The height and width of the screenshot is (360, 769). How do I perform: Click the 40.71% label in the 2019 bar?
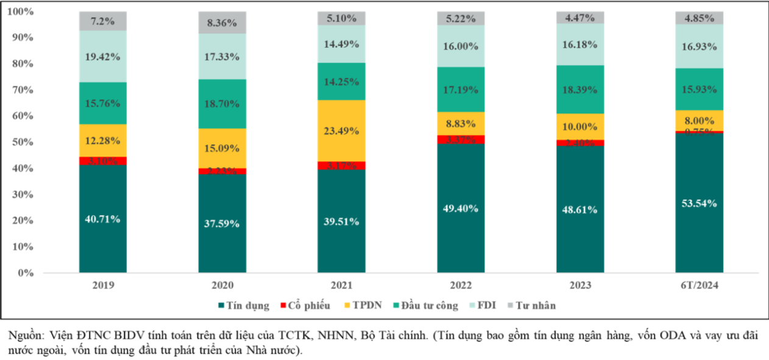pos(102,219)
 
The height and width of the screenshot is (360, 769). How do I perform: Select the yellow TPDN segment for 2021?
pos(341,130)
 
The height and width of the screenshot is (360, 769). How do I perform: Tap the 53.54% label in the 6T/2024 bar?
pos(699,203)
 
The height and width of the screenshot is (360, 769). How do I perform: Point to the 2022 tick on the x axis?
pos(461,284)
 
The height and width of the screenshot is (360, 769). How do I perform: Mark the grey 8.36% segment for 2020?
pos(222,23)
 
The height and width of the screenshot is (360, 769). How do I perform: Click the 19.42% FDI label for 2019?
pos(102,56)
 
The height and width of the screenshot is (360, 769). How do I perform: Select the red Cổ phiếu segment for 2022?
pos(461,139)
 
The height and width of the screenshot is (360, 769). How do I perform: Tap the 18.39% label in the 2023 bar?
pos(579,90)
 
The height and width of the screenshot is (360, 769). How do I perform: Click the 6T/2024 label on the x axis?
pos(699,284)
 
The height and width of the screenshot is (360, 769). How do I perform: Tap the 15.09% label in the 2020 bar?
pos(222,148)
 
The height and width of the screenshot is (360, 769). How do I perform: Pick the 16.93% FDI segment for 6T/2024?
pos(699,46)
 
